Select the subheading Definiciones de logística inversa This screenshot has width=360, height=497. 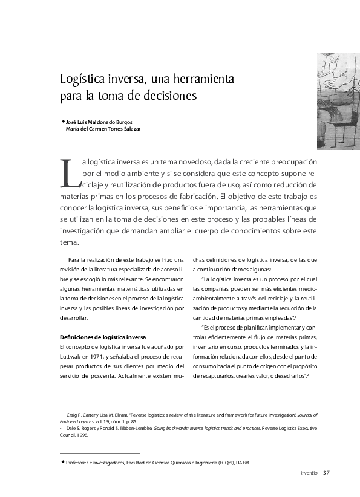pos(103,337)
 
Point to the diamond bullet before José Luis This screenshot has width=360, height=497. pos(62,120)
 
